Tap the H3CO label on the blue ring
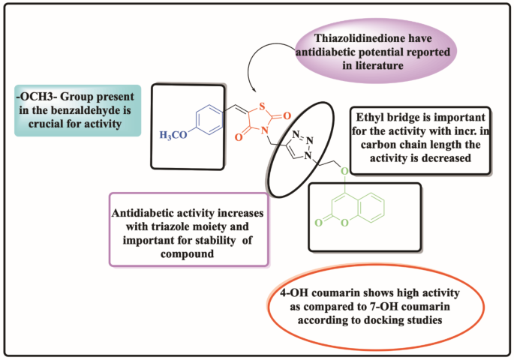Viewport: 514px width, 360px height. (x=173, y=135)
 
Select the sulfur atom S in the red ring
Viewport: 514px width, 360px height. (x=261, y=106)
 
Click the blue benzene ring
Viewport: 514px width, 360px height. (x=209, y=119)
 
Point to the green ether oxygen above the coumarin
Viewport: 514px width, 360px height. (x=344, y=171)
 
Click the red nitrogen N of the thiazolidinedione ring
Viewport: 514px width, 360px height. (x=265, y=130)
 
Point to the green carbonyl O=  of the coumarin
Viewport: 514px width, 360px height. (x=319, y=223)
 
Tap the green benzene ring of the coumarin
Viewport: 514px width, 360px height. (x=371, y=207)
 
